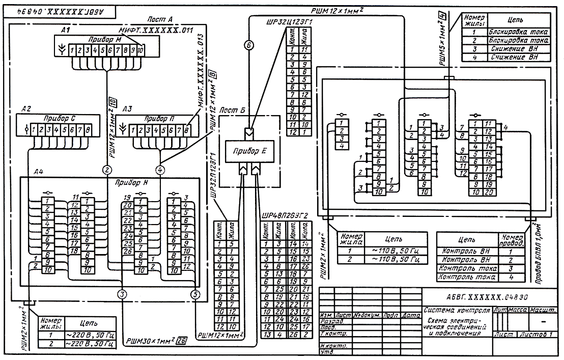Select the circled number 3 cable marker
[x=122, y=293]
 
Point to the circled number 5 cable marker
[x=194, y=293]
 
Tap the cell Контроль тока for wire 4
[x=466, y=278]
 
